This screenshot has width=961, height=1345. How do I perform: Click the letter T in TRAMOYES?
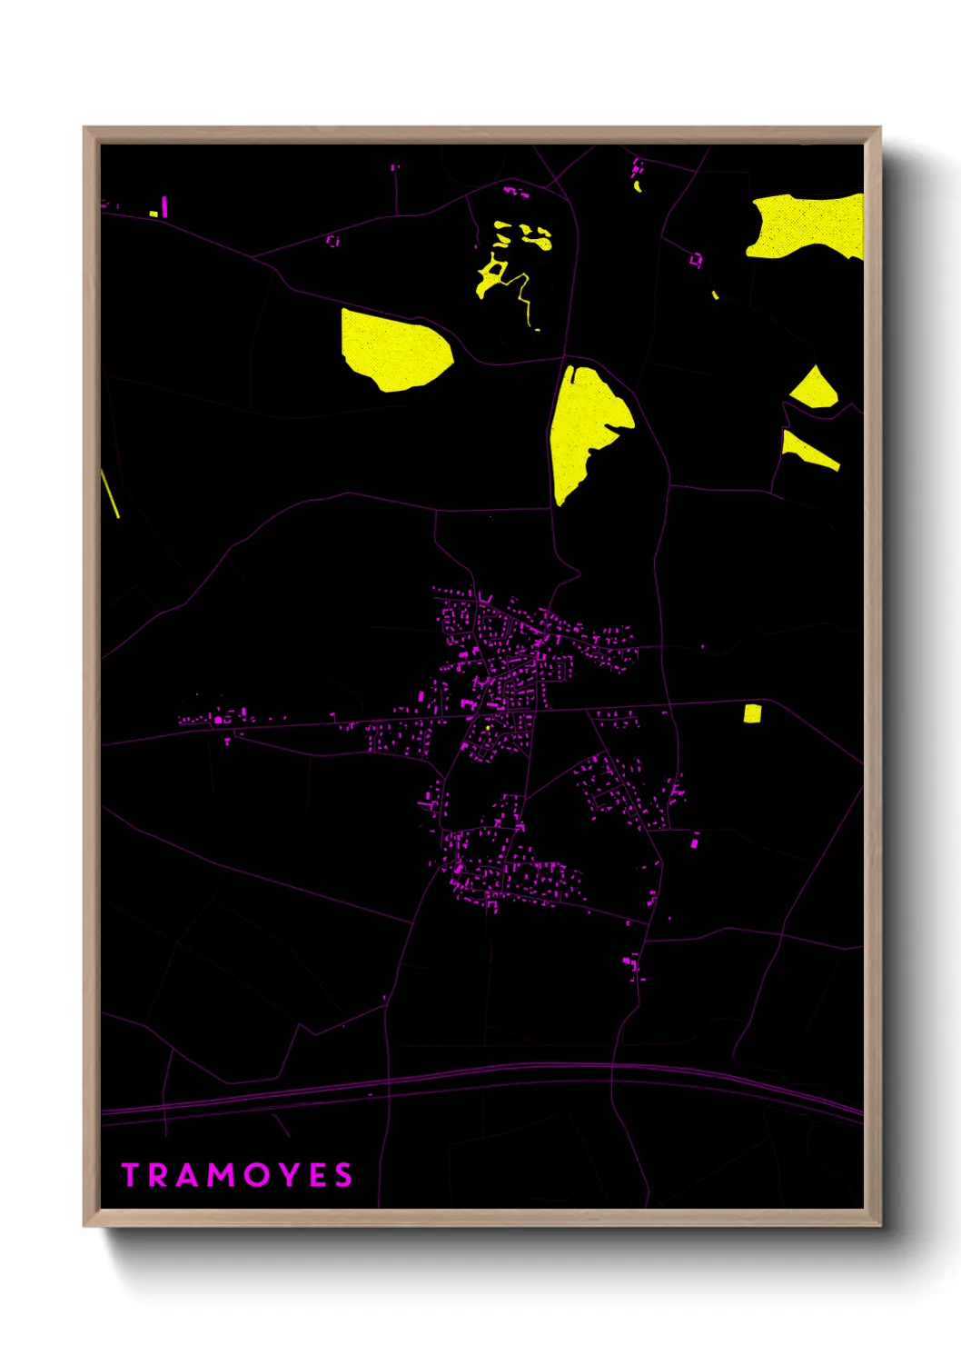click(x=131, y=1175)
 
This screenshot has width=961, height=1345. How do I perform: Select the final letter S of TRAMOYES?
click(x=343, y=1175)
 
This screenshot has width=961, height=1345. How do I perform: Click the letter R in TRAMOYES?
click(x=158, y=1175)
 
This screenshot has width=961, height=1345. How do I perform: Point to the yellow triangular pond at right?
click(x=815, y=390)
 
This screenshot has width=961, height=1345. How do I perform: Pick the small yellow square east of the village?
click(x=752, y=713)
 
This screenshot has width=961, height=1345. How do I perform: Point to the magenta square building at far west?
click(x=218, y=720)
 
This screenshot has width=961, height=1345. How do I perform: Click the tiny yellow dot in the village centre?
click(x=488, y=727)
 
